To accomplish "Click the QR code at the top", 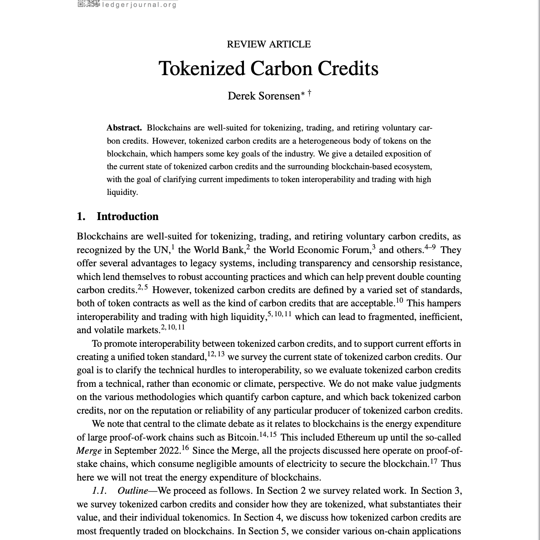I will (88, 4).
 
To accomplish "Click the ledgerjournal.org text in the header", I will (139, 5).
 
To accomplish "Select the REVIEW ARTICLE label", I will (269, 44).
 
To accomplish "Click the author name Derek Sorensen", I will (263, 96).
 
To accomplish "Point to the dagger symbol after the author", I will (309, 93).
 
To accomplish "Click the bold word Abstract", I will (124, 128).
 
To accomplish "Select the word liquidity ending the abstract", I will (122, 192).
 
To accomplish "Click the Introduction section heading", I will (127, 217).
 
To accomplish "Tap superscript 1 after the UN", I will (173, 247).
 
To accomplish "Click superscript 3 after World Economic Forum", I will (374, 247).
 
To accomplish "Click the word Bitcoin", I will (242, 437).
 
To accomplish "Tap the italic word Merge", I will (89, 450).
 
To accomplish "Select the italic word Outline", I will (133, 491).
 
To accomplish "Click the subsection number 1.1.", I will (99, 491).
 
